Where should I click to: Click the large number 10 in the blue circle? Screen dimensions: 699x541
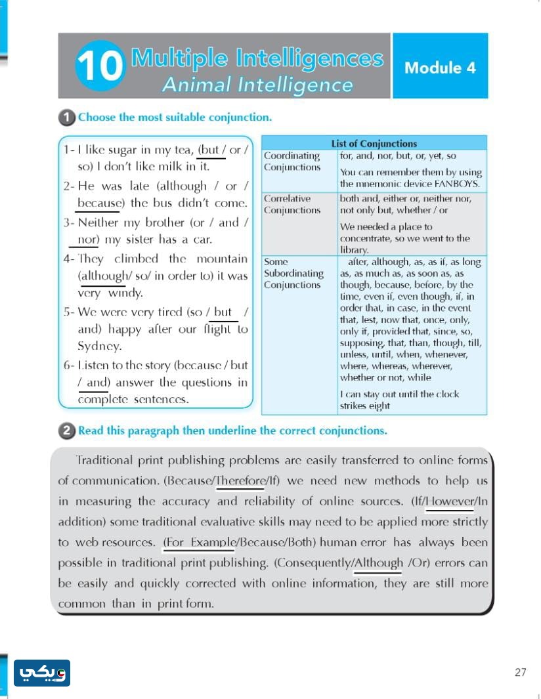coord(100,66)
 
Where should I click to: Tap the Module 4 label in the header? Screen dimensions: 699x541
coord(440,67)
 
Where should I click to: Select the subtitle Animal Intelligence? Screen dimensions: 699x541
coord(257,85)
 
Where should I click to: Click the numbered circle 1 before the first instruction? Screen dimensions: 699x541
coord(66,117)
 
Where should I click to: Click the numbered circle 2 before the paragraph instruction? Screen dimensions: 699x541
coord(66,431)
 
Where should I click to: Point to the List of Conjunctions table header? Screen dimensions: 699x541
coord(374,143)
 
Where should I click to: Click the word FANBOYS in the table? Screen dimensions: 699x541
coord(456,184)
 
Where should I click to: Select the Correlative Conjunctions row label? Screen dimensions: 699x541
coord(292,204)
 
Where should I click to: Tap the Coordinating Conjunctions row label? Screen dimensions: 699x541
coord(292,161)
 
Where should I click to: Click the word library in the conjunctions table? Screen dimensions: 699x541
coord(355,250)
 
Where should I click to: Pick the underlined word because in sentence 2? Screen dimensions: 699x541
coord(99,203)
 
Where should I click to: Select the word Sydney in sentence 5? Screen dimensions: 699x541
coord(99,347)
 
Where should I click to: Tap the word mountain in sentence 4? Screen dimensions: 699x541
coord(222,259)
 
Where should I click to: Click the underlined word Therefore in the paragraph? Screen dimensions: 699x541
coord(240,480)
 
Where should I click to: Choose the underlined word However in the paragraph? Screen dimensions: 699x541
coord(450,501)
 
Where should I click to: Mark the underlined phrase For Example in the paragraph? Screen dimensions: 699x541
coord(200,542)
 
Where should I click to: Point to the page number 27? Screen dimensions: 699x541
coord(521,673)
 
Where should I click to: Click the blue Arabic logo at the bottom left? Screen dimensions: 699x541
coord(42,673)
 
